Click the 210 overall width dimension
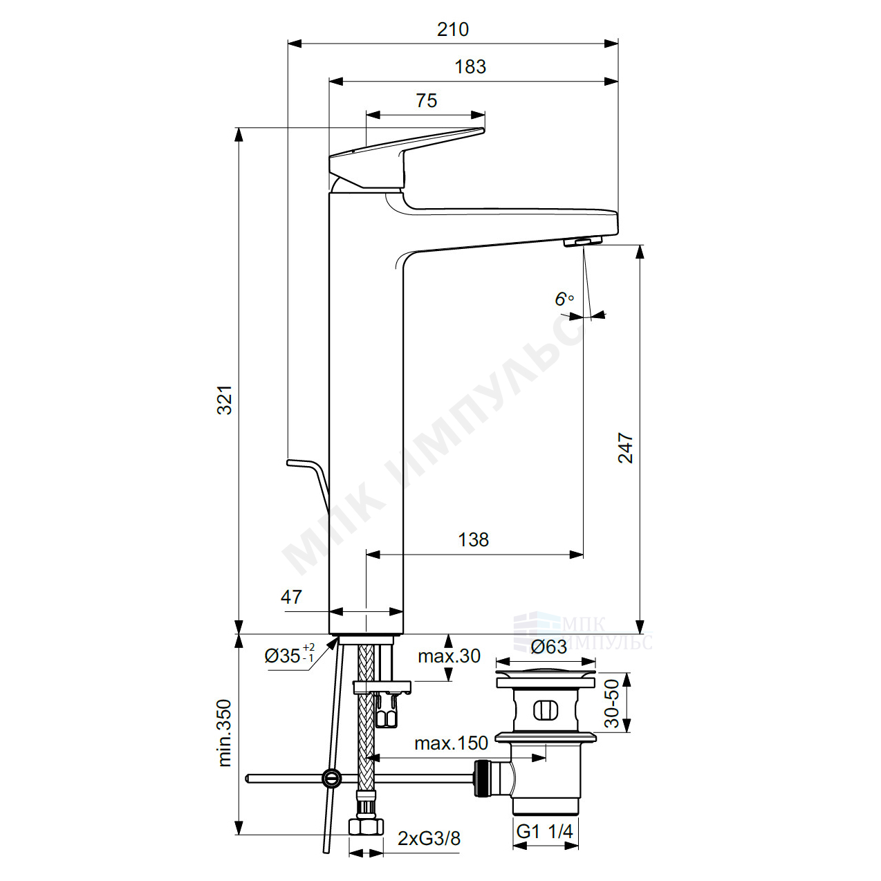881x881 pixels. point(453,30)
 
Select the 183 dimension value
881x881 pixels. point(470,67)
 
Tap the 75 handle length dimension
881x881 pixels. point(426,100)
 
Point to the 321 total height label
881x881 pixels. point(225,400)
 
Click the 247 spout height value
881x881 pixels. point(625,448)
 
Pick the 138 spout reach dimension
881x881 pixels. point(473,540)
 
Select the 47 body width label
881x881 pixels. point(291,597)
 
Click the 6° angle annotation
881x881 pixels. point(564,299)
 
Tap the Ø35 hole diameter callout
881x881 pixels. point(289,655)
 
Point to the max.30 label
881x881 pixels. point(449,656)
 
